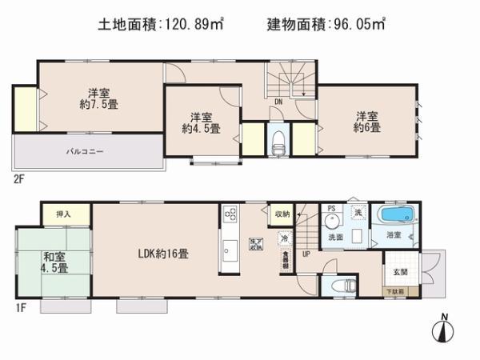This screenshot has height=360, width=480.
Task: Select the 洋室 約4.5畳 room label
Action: (x=200, y=122)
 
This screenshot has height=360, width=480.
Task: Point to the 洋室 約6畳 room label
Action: (x=368, y=121)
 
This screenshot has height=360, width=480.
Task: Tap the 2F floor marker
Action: (x=18, y=179)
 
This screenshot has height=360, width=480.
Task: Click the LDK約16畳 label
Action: (x=163, y=255)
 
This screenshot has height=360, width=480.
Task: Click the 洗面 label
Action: (x=336, y=238)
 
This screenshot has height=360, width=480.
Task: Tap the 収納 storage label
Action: (x=282, y=214)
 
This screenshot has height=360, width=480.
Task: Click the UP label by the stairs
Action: (x=305, y=254)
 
